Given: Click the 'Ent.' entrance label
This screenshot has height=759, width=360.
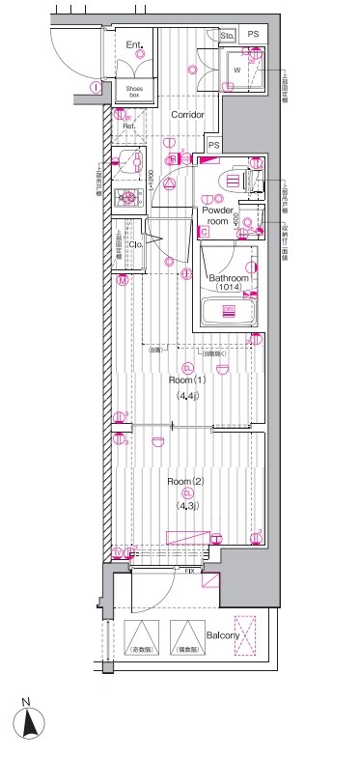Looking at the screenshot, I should point(134,44).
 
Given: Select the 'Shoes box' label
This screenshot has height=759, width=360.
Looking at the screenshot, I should point(134,92).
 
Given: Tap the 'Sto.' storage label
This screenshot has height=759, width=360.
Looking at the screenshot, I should point(228,37).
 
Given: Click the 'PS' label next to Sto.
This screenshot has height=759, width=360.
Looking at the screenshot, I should point(254,36).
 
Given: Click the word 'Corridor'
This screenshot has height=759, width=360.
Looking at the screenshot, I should point(187,114).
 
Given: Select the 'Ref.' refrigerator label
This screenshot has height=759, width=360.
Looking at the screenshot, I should point(127,126).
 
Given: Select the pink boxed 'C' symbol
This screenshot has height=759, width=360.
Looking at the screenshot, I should point(204,232).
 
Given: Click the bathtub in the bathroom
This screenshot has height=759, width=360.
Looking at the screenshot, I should point(229,311).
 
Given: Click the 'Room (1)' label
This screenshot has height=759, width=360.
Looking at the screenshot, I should point(186,380).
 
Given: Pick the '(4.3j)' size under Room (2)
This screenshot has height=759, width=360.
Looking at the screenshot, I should point(186,506).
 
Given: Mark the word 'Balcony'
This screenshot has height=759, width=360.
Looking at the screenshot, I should point(222,634).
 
